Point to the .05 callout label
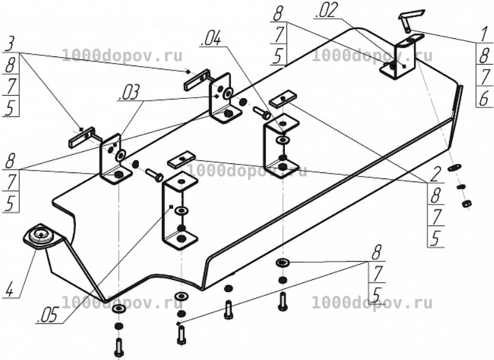click(x=48, y=314)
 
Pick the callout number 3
click(x=10, y=44)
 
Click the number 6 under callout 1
click(x=484, y=97)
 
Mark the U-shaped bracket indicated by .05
click(x=180, y=210)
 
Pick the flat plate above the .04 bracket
click(x=283, y=99)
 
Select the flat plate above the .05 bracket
click(x=182, y=159)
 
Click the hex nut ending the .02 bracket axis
click(x=466, y=203)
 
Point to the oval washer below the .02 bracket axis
click(x=455, y=168)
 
